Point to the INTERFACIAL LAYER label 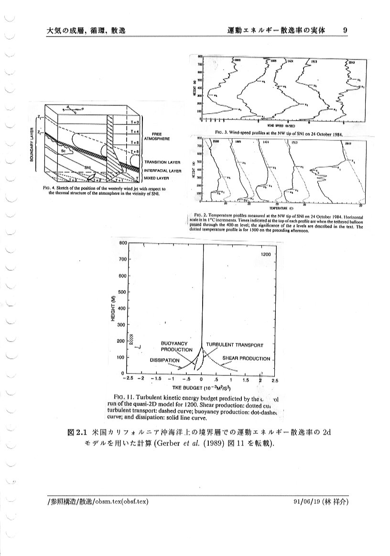162,170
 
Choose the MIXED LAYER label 156,178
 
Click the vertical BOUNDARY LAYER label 32,144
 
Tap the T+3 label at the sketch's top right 134,123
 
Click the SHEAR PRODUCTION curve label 247,359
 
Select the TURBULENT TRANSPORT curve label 235,345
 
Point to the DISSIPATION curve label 165,360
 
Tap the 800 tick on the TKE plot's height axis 122,243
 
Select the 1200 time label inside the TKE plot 266,254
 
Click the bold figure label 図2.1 77,433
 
